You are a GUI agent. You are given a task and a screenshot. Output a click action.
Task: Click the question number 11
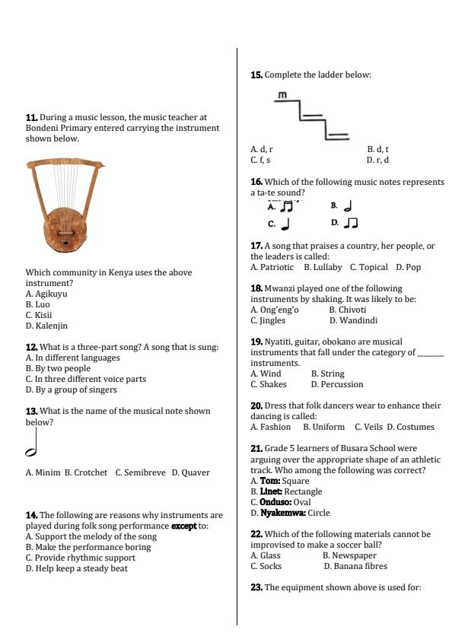31,118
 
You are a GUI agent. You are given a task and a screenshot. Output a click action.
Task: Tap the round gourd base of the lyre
68,230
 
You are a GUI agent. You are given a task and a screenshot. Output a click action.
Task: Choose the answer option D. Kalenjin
46,326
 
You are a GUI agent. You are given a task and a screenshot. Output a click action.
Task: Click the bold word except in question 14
183,526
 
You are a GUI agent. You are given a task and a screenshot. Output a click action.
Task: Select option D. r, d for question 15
377,161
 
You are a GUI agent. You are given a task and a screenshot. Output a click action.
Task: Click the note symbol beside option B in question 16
348,205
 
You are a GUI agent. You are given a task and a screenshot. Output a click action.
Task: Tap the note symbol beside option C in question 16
285,224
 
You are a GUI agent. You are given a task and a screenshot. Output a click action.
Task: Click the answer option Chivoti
352,310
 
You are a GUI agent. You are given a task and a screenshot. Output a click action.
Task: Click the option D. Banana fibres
355,566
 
